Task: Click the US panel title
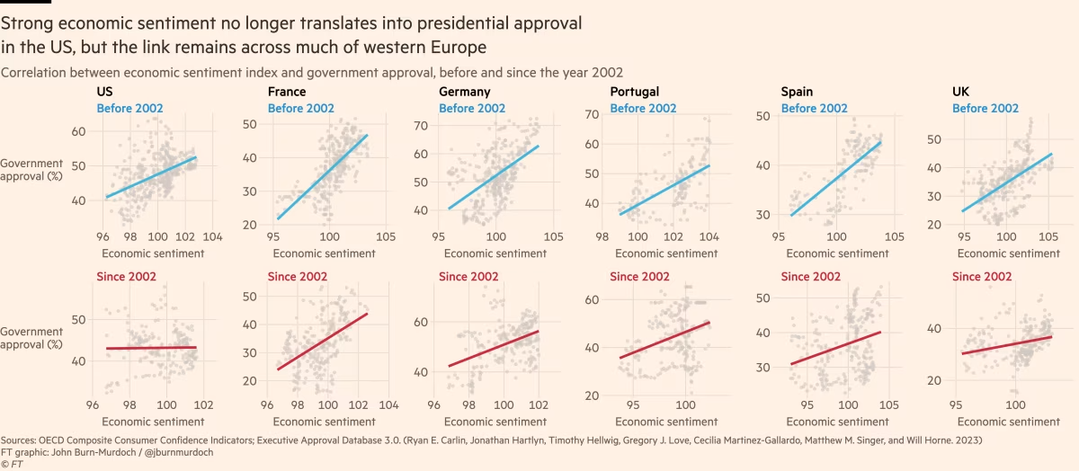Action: pos(104,92)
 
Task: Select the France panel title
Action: pos(286,92)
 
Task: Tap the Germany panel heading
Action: pos(464,92)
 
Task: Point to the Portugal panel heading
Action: pos(634,92)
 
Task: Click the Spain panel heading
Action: pos(798,92)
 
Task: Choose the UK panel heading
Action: pos(960,92)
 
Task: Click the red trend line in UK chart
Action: pos(1006,345)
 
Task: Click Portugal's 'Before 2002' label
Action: pos(643,109)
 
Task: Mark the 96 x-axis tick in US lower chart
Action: pos(94,405)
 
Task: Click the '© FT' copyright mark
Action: pos(13,464)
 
